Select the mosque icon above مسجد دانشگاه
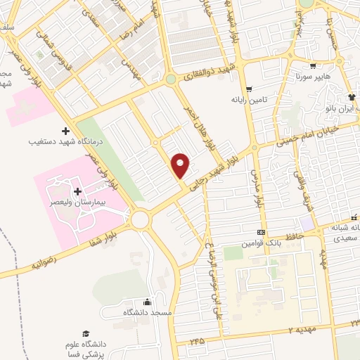click(147, 302)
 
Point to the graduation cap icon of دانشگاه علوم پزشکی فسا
click(86, 333)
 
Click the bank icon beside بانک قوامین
click(262, 232)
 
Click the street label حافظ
click(295, 236)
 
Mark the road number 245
click(197, 341)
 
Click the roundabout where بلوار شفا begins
click(140, 220)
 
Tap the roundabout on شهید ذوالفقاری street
click(170, 80)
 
